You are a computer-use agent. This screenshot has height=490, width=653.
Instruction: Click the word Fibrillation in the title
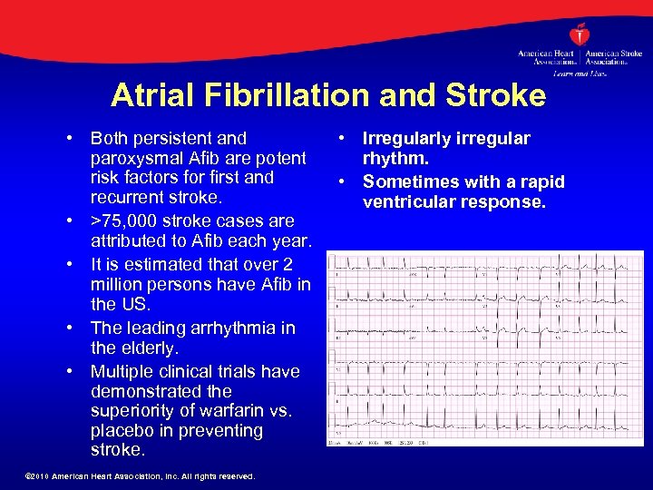click(294, 95)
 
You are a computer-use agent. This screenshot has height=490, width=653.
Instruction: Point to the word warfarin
click(212, 411)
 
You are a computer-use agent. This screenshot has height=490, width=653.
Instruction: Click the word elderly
click(153, 348)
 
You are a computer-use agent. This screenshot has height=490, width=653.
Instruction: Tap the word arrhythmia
click(211, 328)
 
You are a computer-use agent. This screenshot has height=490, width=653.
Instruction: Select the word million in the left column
click(120, 284)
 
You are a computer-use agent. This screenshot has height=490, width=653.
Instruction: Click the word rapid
click(541, 182)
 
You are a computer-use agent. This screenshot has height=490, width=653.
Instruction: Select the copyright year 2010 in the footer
click(39, 476)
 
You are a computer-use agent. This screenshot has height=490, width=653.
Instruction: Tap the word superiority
click(132, 411)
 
